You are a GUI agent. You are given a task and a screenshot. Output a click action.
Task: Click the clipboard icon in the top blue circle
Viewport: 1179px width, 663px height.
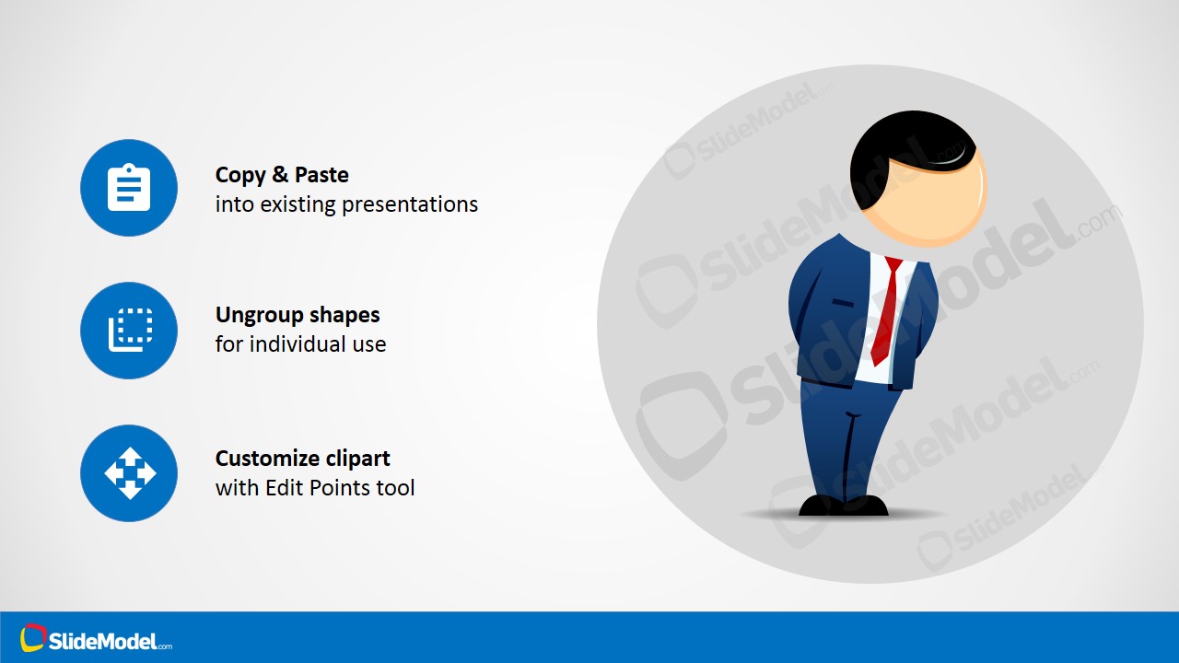click(x=129, y=188)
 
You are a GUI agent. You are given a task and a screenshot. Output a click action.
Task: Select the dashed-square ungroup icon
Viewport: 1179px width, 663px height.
click(x=129, y=331)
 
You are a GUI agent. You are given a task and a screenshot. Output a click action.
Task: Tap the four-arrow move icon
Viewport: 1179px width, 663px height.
click(x=129, y=473)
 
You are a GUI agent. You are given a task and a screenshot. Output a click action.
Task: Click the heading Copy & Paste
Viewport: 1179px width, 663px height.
click(x=282, y=175)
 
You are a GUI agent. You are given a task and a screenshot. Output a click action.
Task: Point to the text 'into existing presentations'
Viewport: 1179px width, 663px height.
click(x=346, y=204)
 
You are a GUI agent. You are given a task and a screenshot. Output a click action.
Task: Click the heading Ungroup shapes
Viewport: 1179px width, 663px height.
click(x=298, y=315)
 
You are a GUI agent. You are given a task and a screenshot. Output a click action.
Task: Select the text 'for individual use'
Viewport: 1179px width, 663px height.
click(x=300, y=344)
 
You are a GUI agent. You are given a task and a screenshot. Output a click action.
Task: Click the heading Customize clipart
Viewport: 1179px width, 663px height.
click(x=302, y=459)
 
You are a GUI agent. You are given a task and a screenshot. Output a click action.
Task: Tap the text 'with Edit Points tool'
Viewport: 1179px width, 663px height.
click(x=315, y=488)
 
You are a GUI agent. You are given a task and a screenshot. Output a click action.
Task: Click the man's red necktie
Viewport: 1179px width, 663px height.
click(x=885, y=313)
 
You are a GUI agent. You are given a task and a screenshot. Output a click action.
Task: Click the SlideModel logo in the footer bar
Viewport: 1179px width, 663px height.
click(x=97, y=639)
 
